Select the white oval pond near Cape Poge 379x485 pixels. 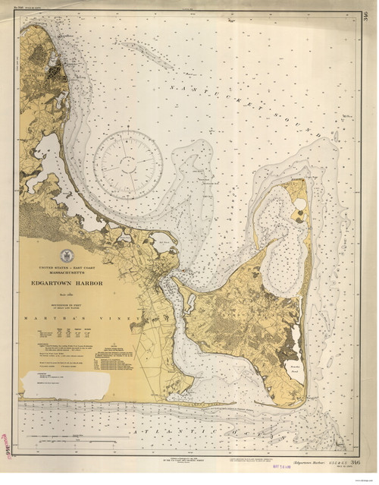(300, 205)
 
